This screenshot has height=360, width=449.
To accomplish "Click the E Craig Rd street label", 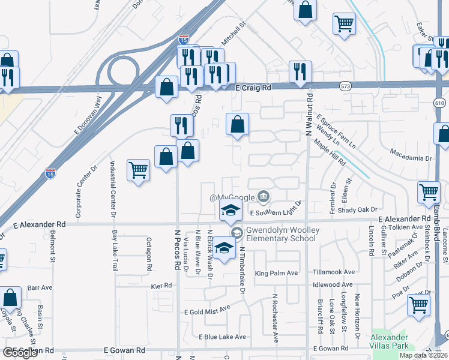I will (253, 88).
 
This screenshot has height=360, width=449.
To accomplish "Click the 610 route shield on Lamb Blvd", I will (441, 103).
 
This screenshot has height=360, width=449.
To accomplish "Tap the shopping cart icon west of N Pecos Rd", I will (138, 170).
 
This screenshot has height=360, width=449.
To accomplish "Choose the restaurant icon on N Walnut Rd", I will (300, 72).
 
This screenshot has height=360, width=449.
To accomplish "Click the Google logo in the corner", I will (20, 353).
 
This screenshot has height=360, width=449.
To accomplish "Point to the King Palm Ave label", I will (276, 274).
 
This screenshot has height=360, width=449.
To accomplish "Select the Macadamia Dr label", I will (411, 158).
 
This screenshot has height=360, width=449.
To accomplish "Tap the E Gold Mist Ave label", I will (207, 311).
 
